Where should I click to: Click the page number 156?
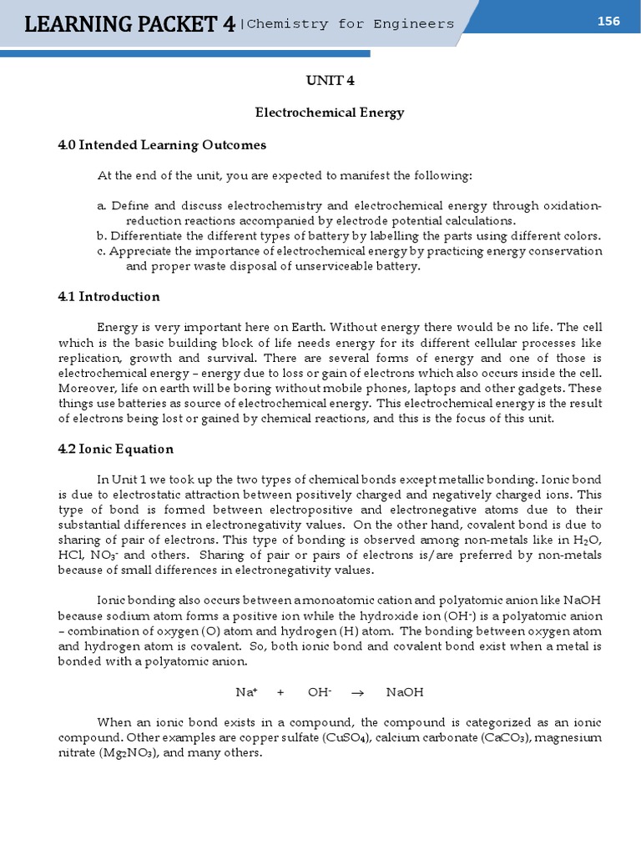click(x=608, y=21)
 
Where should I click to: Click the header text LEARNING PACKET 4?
click(x=129, y=25)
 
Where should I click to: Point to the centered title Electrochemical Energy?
click(x=329, y=113)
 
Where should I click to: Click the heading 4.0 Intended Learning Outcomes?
click(x=162, y=145)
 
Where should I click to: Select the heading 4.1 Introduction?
click(x=109, y=297)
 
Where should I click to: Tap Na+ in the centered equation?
click(x=245, y=692)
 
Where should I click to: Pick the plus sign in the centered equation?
click(x=280, y=692)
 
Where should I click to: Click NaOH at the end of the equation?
click(x=405, y=692)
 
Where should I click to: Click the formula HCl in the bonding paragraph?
click(x=70, y=555)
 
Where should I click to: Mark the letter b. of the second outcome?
click(x=102, y=236)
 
